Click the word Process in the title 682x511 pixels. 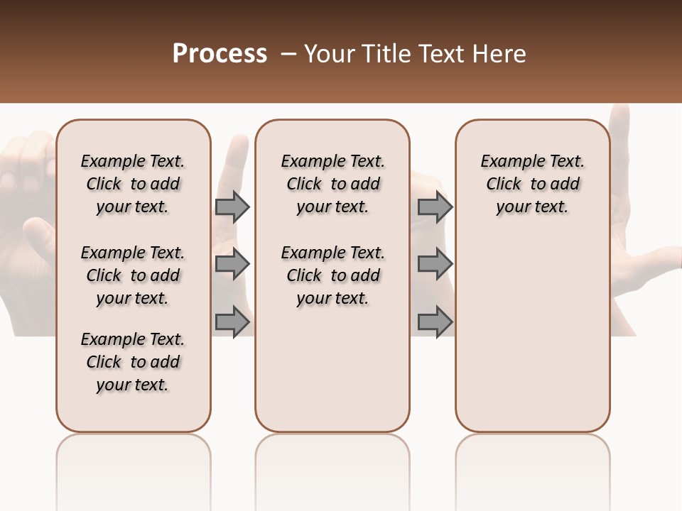click(x=220, y=54)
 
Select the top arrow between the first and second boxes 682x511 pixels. click(x=232, y=207)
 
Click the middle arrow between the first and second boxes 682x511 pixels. click(x=232, y=264)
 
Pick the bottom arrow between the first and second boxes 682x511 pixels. click(x=232, y=322)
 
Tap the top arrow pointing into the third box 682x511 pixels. click(x=435, y=207)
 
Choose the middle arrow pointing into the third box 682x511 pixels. click(x=435, y=264)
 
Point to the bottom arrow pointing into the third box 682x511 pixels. click(x=435, y=322)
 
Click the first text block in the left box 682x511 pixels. click(x=133, y=184)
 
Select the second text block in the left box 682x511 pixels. click(x=133, y=275)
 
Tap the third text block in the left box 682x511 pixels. click(x=133, y=362)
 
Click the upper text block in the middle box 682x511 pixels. click(x=332, y=184)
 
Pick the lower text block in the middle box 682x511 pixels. click(x=332, y=275)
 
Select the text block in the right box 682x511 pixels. click(x=532, y=184)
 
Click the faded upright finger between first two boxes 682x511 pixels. click(x=236, y=163)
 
